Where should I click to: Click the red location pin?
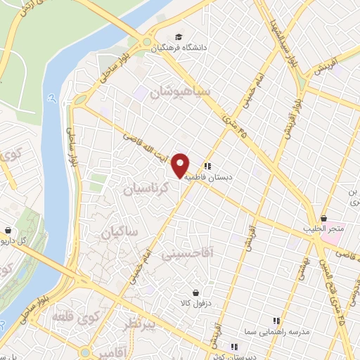(181, 165)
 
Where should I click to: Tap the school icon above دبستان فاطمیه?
(207, 167)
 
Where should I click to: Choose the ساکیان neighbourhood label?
(120, 231)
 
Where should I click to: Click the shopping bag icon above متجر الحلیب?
(323, 219)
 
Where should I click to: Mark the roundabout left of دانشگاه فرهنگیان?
(147, 42)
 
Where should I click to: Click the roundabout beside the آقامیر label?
(85, 351)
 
